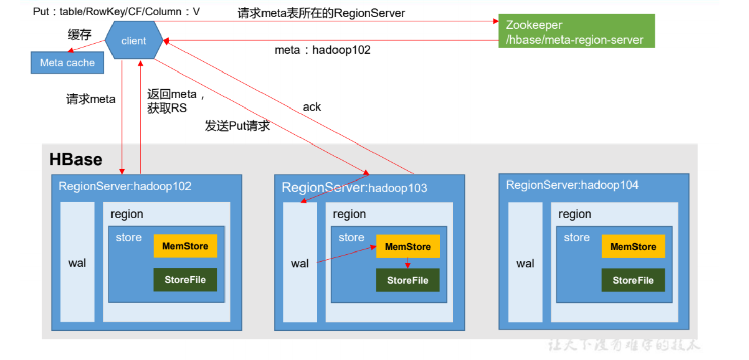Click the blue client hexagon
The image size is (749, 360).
tap(134, 41)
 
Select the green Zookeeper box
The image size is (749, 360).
tap(576, 31)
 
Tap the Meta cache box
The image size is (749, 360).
tap(67, 63)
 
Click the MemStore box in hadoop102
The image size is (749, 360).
tap(185, 246)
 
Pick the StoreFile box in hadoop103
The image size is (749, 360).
tap(407, 280)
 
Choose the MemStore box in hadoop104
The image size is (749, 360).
tap(633, 246)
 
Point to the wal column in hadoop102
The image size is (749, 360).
tap(77, 263)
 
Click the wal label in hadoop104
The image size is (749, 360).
tap(525, 263)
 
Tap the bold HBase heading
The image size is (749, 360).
tap(76, 159)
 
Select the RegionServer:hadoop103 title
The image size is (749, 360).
tap(354, 188)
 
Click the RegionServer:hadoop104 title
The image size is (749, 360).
tap(572, 185)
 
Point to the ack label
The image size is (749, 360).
tap(312, 106)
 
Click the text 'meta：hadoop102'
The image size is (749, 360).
tap(322, 50)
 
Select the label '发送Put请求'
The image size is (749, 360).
tap(237, 126)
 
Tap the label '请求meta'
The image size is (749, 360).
tap(91, 99)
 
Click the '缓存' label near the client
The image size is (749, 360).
tap(80, 34)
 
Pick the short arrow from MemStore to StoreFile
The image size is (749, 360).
tap(408, 263)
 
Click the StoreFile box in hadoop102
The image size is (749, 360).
tap(185, 279)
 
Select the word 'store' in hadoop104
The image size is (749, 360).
tap(577, 237)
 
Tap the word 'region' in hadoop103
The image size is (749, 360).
tap(349, 214)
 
